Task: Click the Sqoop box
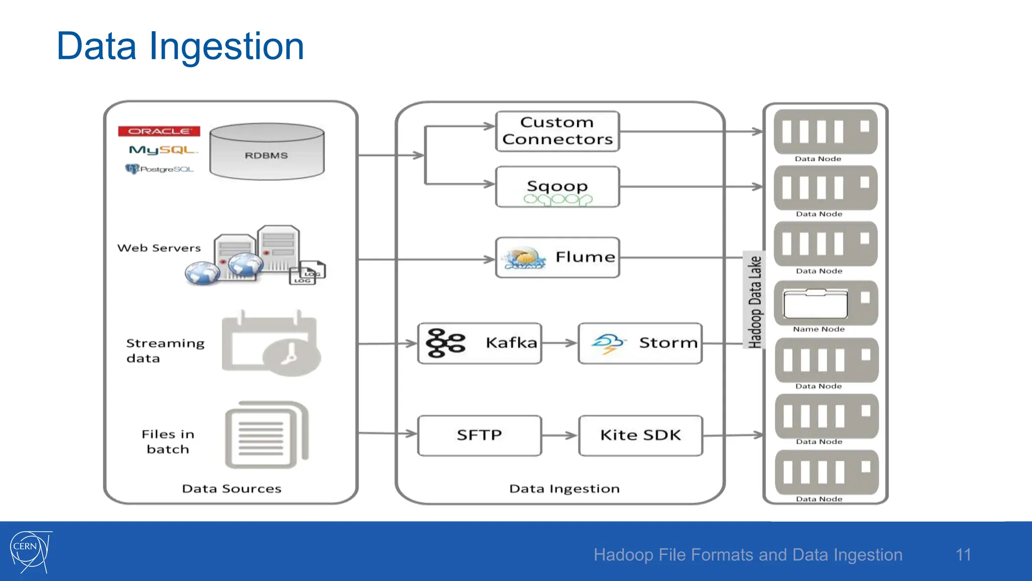[x=557, y=187]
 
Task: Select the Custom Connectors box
[x=557, y=131]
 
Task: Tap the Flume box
[x=557, y=257]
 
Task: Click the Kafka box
[x=480, y=343]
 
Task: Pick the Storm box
[x=640, y=343]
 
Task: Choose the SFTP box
[x=480, y=435]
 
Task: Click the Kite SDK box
[x=640, y=435]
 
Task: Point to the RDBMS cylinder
[x=267, y=152]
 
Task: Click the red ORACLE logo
[x=159, y=131]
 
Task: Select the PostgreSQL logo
[x=159, y=169]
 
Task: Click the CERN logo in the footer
[x=30, y=551]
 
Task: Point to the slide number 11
[x=963, y=555]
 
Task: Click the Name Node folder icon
[x=815, y=304]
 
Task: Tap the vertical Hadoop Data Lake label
[x=754, y=301]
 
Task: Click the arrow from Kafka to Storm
[x=559, y=343]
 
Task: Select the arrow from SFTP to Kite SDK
[x=559, y=435]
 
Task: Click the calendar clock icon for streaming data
[x=271, y=344]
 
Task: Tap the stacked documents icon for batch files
[x=267, y=435]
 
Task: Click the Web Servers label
[x=159, y=248]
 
